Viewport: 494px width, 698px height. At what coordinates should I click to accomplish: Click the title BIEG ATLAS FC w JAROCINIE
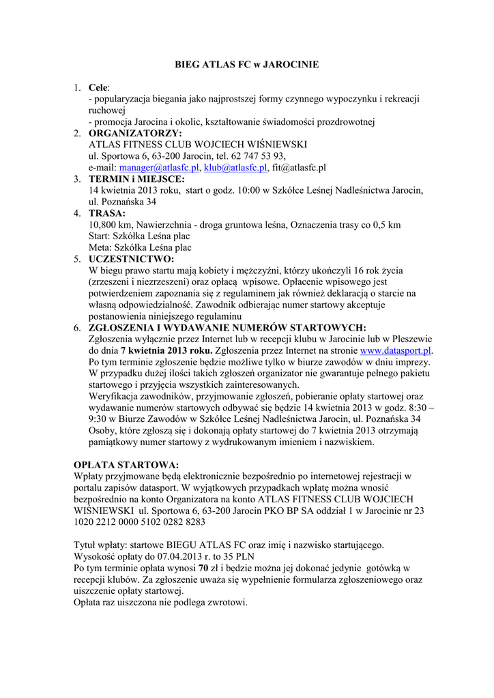(x=247, y=65)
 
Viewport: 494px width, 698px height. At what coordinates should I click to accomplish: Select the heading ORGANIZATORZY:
(x=135, y=133)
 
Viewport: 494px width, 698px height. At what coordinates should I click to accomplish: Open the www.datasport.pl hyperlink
(x=396, y=350)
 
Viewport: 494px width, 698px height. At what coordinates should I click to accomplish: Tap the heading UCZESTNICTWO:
(x=132, y=259)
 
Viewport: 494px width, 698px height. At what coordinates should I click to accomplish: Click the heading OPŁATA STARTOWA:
(x=121, y=464)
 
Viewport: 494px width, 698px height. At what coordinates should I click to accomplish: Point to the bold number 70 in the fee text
(x=202, y=568)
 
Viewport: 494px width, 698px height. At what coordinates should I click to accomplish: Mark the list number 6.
(x=78, y=328)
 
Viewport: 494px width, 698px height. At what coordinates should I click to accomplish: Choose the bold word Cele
(x=99, y=87)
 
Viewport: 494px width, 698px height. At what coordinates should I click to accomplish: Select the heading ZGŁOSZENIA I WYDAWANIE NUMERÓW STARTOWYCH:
(x=227, y=328)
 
